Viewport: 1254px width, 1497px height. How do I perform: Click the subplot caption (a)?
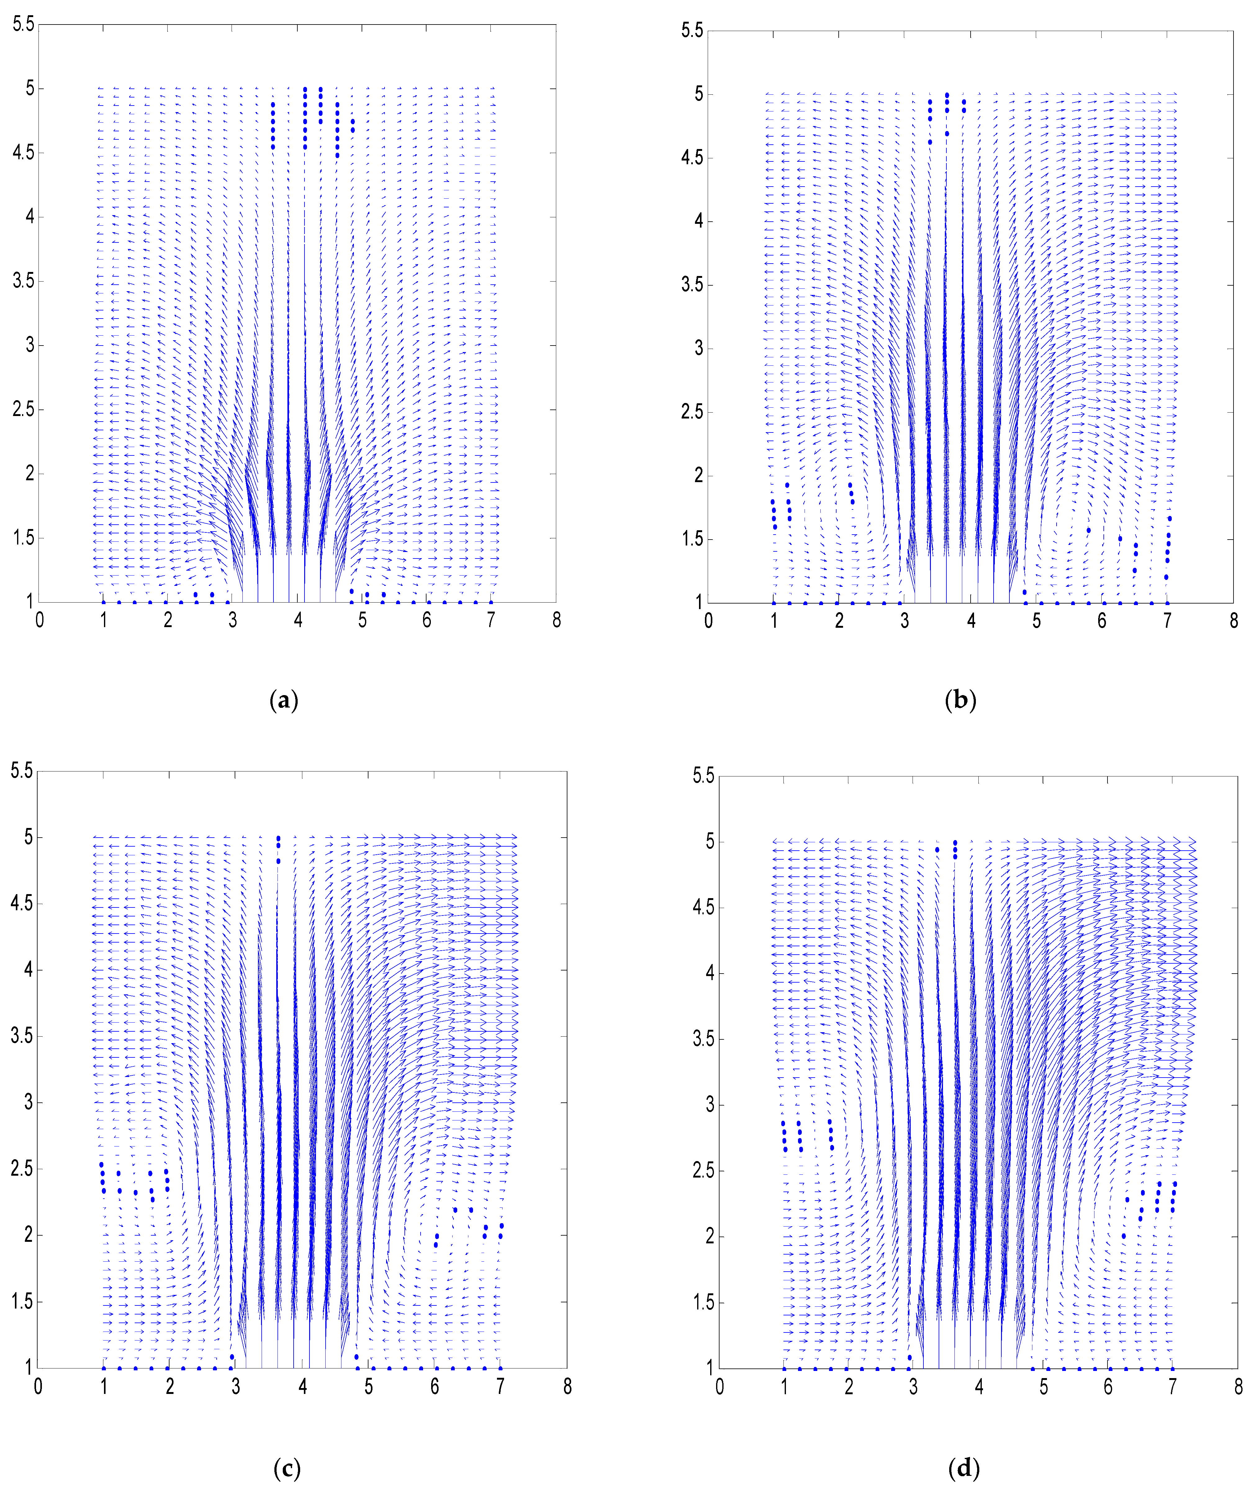tap(284, 701)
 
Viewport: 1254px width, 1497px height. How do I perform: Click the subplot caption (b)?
tap(960, 701)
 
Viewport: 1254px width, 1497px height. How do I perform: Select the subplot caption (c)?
tap(286, 1468)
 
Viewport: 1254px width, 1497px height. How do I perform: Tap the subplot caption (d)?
tap(964, 1468)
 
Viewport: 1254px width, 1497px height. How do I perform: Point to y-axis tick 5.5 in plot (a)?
tap(24, 24)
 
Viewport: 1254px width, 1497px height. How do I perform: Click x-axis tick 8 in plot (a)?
tap(556, 620)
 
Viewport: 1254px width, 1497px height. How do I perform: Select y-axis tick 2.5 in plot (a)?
tap(24, 410)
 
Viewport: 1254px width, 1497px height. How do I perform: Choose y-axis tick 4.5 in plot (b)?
tap(692, 157)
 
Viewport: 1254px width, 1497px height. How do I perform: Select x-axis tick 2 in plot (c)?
tap(170, 1386)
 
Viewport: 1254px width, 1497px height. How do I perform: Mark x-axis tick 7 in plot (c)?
tap(500, 1386)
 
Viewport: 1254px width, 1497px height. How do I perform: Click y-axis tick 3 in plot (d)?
tap(709, 1105)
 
